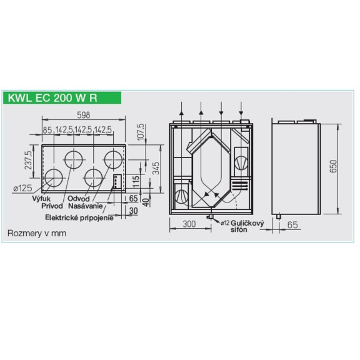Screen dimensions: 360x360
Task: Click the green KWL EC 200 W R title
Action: click(52, 97)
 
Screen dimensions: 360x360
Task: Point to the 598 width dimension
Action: click(84, 115)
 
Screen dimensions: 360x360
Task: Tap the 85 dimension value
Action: click(47, 130)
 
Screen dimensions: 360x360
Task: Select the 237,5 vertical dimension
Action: click(29, 160)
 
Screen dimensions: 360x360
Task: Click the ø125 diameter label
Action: click(22, 189)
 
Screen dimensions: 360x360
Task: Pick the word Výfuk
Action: click(41, 199)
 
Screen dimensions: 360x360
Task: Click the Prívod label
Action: click(52, 206)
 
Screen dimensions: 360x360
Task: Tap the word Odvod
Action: click(79, 199)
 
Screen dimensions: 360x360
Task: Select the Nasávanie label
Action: click(86, 206)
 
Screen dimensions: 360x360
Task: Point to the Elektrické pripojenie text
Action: click(79, 217)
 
